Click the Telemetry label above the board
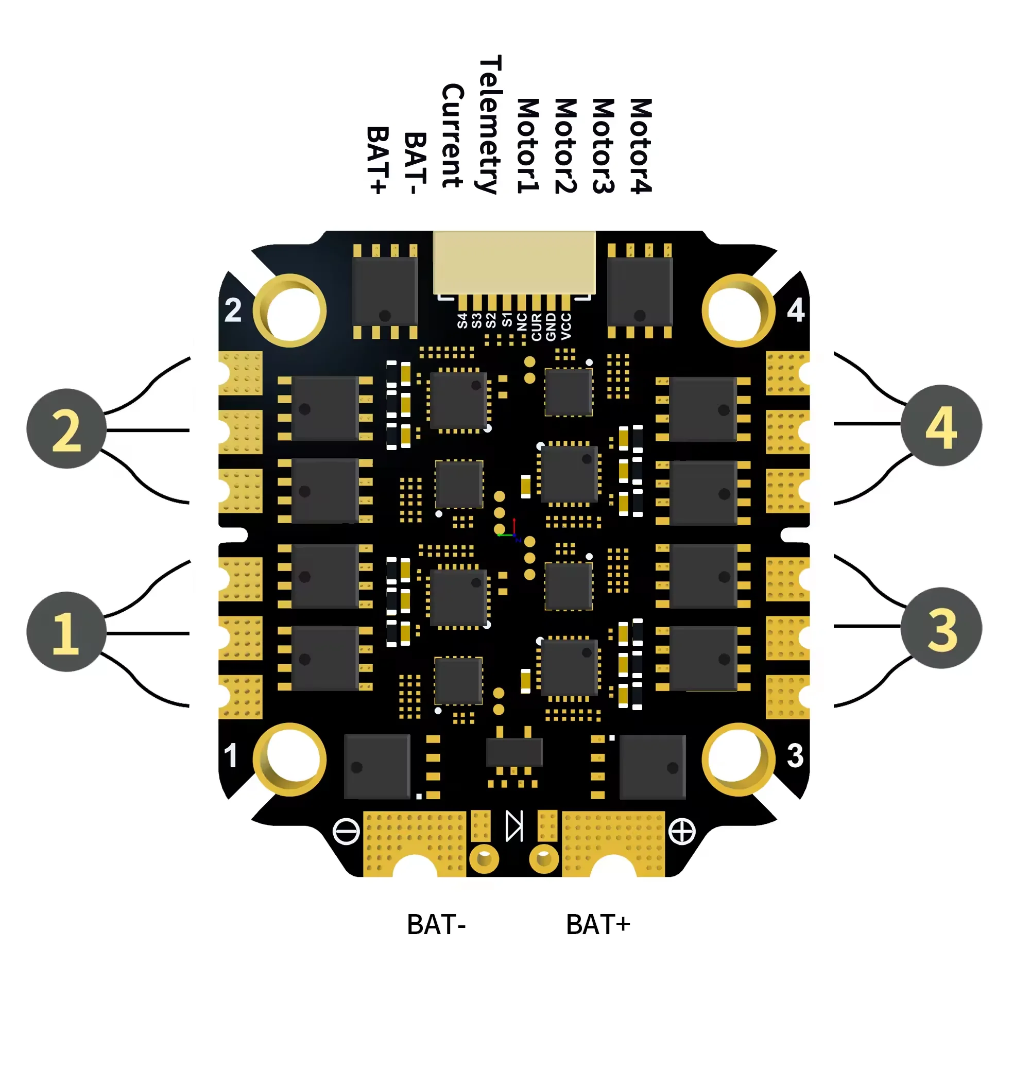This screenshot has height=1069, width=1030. pyautogui.click(x=489, y=124)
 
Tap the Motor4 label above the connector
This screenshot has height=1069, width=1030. pyautogui.click(x=641, y=146)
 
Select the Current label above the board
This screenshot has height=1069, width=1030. pyautogui.click(x=452, y=135)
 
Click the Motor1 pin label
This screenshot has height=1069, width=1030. pyautogui.click(x=527, y=146)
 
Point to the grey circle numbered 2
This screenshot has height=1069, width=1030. pyautogui.click(x=66, y=429)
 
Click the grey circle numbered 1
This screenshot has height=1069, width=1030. pyautogui.click(x=66, y=632)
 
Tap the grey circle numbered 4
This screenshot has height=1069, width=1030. pyautogui.click(x=940, y=425)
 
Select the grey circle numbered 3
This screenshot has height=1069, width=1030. pyautogui.click(x=940, y=628)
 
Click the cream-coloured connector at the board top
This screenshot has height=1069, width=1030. pyautogui.click(x=513, y=262)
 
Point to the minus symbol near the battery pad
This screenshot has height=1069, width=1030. pyautogui.click(x=346, y=831)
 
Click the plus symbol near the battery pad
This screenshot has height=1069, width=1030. pyautogui.click(x=681, y=831)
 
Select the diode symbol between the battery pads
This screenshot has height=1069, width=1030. pyautogui.click(x=514, y=826)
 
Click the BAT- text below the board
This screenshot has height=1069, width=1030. pyautogui.click(x=436, y=925)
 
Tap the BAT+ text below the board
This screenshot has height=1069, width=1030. pyautogui.click(x=597, y=925)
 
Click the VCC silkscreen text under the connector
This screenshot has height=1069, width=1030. pyautogui.click(x=566, y=326)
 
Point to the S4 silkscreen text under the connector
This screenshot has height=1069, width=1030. pyautogui.click(x=462, y=321)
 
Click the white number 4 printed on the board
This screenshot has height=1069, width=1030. pyautogui.click(x=795, y=311)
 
